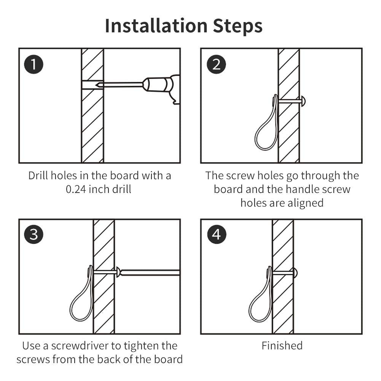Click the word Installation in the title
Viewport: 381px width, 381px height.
[x=156, y=26]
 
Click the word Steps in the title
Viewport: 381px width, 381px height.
[x=238, y=26]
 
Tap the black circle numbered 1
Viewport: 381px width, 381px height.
[x=33, y=64]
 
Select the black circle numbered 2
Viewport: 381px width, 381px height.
[x=216, y=64]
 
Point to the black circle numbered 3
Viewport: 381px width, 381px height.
[x=33, y=234]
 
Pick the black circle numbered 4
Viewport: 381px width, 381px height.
[x=217, y=234]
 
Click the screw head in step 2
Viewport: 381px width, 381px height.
[x=303, y=101]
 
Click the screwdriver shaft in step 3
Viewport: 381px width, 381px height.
[x=150, y=273]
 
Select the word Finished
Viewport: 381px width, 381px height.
[x=282, y=346]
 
